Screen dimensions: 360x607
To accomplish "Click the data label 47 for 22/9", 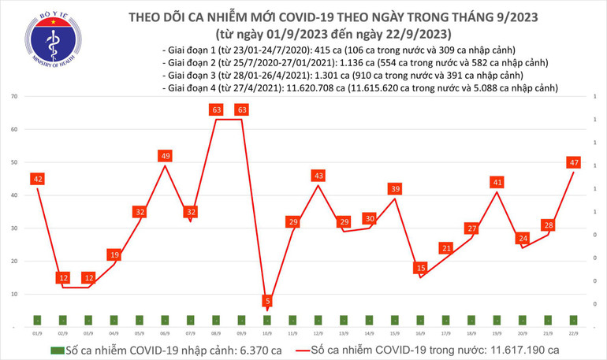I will [574, 162].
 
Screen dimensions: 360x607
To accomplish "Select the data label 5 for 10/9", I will [268, 301].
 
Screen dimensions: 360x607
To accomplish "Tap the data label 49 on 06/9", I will [165, 156].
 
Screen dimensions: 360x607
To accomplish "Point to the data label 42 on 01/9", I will [37, 179].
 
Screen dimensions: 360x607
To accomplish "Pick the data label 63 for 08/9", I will [216, 110].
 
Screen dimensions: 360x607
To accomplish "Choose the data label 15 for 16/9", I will [421, 269].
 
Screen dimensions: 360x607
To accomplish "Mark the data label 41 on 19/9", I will [497, 183].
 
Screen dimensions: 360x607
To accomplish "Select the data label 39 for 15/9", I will [395, 189].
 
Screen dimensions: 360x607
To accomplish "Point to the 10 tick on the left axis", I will [15, 293].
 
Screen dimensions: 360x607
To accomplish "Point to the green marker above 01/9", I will [37, 320].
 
